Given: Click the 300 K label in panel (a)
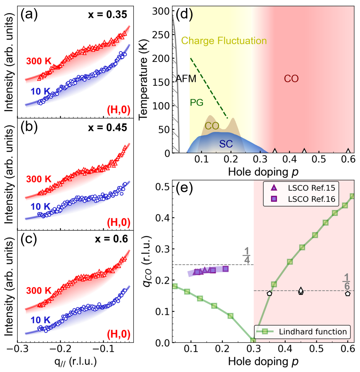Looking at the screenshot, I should [39, 61].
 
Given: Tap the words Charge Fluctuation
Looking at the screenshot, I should [224, 41].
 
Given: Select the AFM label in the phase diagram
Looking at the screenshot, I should [186, 79].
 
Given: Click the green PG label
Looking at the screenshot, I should [196, 102].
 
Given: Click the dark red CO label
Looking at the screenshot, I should [291, 79].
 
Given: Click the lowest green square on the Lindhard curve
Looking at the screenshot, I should [253, 340].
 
